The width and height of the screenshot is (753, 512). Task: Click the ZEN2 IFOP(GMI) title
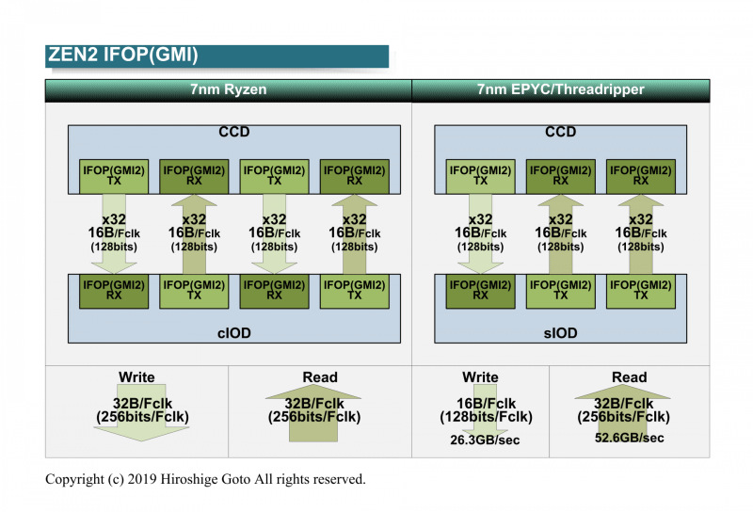click(x=123, y=56)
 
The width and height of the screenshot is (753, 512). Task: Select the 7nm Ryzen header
click(x=228, y=90)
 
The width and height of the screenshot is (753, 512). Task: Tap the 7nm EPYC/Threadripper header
click(x=560, y=90)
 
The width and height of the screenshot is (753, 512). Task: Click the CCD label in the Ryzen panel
click(x=234, y=133)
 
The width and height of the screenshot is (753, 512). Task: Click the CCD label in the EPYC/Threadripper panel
click(x=560, y=133)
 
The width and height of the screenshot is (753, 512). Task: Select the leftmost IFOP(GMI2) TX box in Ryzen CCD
click(x=114, y=176)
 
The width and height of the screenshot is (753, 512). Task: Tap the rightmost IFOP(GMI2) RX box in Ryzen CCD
click(x=354, y=176)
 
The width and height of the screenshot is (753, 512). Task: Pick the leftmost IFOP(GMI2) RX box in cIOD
click(x=114, y=290)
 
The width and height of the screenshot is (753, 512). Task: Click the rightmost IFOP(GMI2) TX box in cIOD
click(x=354, y=290)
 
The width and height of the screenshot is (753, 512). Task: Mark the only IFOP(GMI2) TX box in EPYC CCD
click(x=480, y=176)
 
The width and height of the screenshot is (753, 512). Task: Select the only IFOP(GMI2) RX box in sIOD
click(x=480, y=290)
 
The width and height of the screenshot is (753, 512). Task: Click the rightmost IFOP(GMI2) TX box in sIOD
click(x=641, y=290)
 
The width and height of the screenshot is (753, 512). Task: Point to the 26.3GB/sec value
click(x=480, y=438)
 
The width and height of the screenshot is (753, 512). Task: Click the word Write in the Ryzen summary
click(x=136, y=377)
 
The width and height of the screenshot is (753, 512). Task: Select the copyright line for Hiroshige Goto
click(x=205, y=479)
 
